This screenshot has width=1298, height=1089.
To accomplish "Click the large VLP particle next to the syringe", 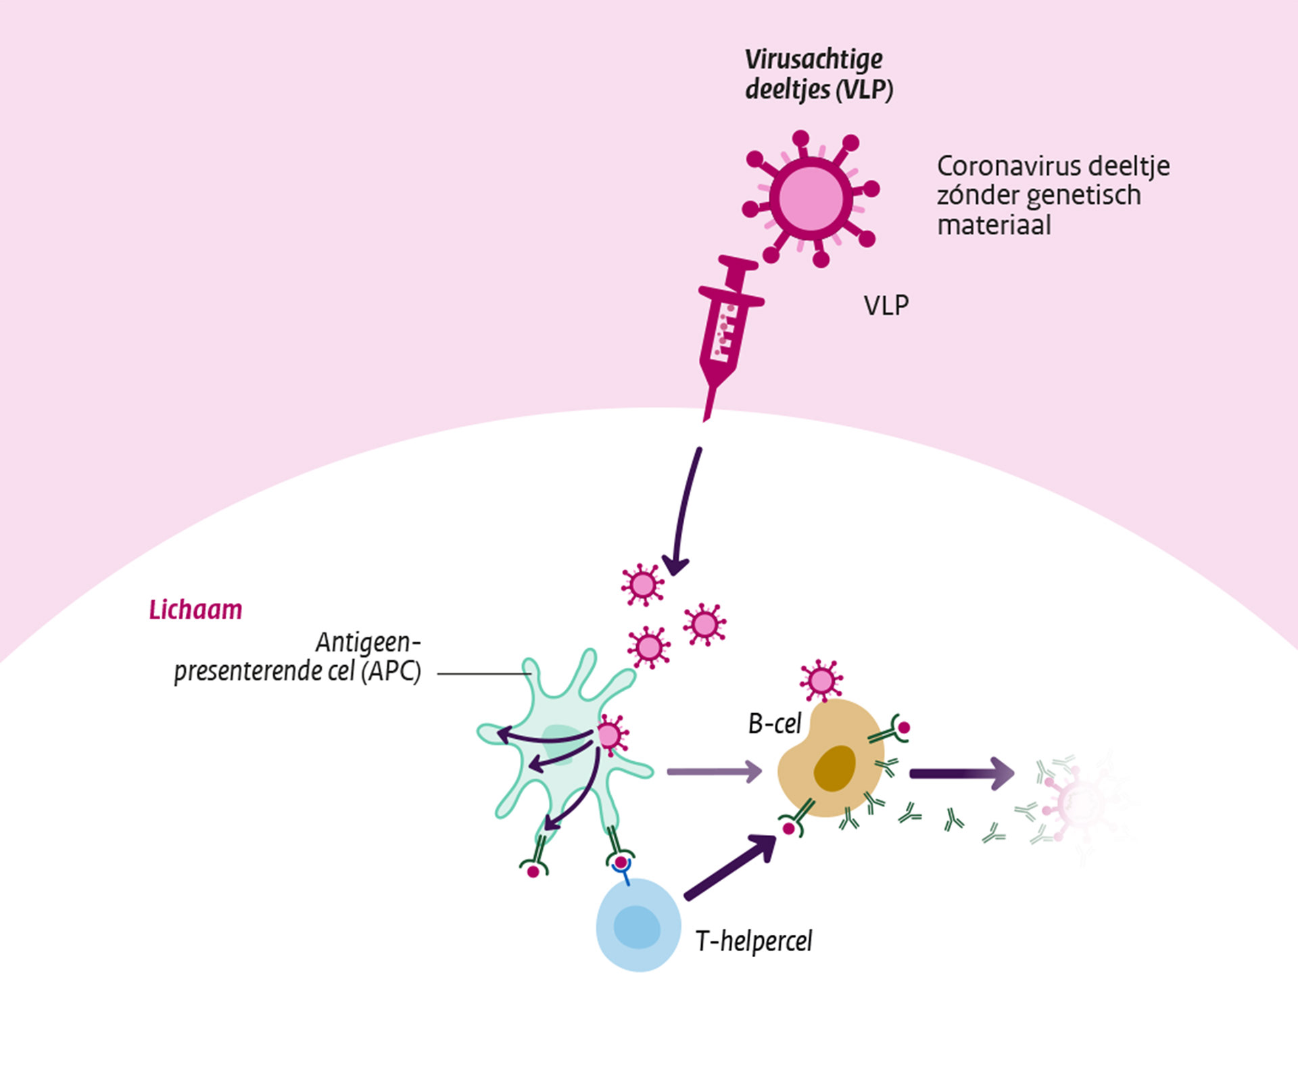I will click(x=811, y=199).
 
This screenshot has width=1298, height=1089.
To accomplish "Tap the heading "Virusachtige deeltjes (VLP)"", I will click(x=818, y=74).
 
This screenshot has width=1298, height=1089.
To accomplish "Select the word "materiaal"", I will click(x=994, y=225).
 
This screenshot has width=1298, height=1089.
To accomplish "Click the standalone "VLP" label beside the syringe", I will click(x=886, y=306).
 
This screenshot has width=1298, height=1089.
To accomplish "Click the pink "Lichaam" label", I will click(x=195, y=610).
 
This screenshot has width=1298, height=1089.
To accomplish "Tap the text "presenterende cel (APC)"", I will click(x=297, y=671).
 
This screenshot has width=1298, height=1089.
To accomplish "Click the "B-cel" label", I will click(x=774, y=724).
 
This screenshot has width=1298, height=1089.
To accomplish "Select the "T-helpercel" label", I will click(x=754, y=941).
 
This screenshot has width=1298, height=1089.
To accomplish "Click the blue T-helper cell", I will click(x=638, y=925).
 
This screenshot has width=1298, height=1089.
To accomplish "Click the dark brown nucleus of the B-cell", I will click(x=835, y=768).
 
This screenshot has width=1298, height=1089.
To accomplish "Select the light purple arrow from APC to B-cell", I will click(x=714, y=771).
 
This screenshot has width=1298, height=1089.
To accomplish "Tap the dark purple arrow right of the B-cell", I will click(x=961, y=773).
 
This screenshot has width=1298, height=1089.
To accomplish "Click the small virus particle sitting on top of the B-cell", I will click(x=821, y=681).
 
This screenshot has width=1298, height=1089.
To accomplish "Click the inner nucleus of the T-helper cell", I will click(x=637, y=927).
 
